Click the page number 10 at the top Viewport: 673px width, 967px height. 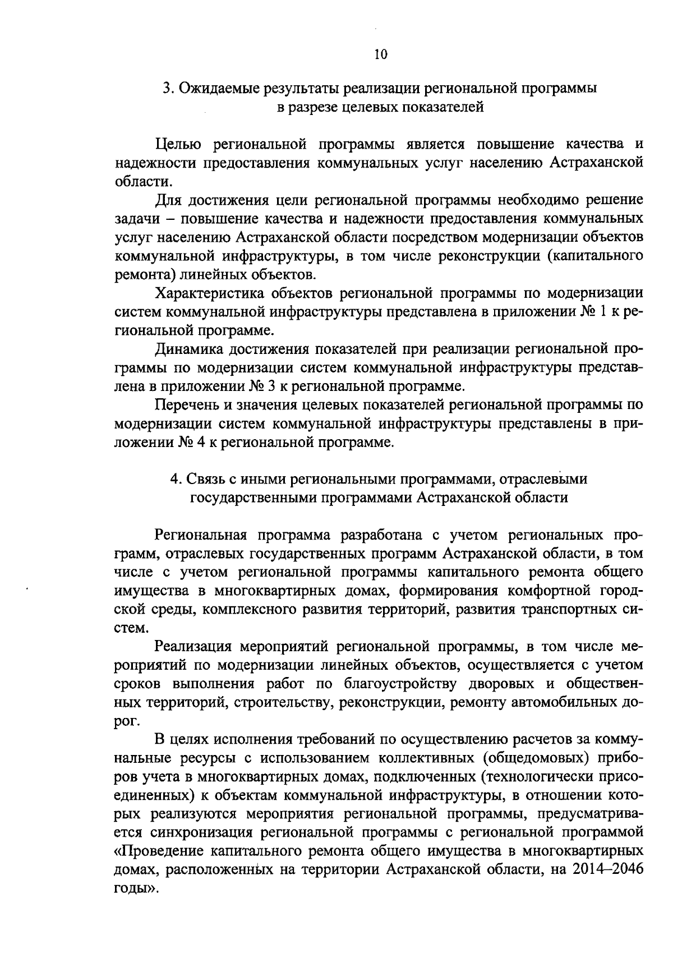pyautogui.click(x=380, y=54)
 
